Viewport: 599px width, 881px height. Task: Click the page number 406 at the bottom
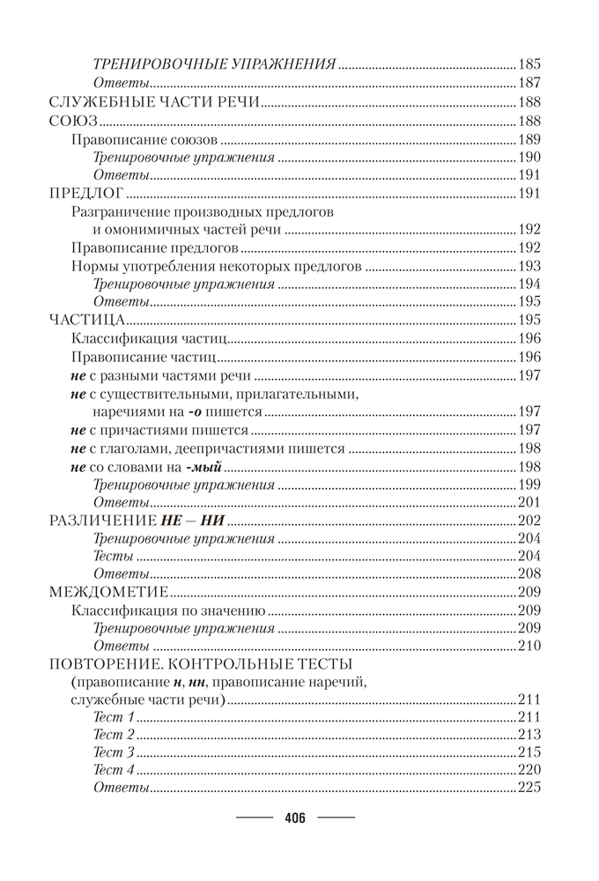pos(294,818)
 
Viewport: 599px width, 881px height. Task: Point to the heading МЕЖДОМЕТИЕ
pos(107,590)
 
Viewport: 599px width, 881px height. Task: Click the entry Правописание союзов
pos(144,139)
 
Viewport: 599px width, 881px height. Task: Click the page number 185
pos(530,64)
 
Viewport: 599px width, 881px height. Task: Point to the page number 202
pos(530,520)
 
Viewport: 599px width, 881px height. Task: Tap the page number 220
pos(530,770)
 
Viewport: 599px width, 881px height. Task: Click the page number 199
pos(530,484)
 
